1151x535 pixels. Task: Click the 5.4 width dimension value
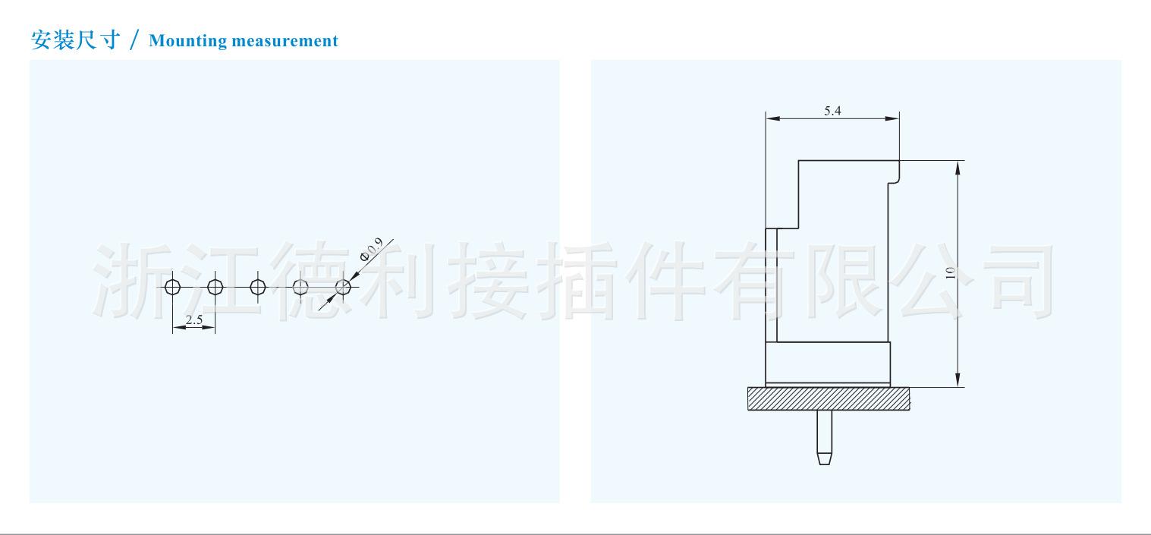click(x=832, y=111)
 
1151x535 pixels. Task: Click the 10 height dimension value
click(x=950, y=273)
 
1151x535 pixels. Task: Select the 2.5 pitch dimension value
click(x=193, y=319)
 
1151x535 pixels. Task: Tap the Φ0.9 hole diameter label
click(x=371, y=250)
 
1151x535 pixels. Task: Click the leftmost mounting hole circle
click(x=173, y=287)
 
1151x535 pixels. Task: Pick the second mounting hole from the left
click(x=215, y=287)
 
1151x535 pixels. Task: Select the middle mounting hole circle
click(x=258, y=287)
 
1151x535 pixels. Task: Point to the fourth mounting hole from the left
click(x=300, y=287)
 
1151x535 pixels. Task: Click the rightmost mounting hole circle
click(x=343, y=287)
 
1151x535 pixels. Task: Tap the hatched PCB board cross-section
click(x=829, y=398)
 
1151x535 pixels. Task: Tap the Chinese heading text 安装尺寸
click(x=75, y=40)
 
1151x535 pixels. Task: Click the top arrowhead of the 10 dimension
click(x=958, y=167)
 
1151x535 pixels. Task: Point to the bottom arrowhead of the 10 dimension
click(x=958, y=380)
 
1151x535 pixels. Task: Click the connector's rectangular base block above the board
click(x=827, y=363)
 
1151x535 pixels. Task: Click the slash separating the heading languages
click(x=135, y=41)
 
